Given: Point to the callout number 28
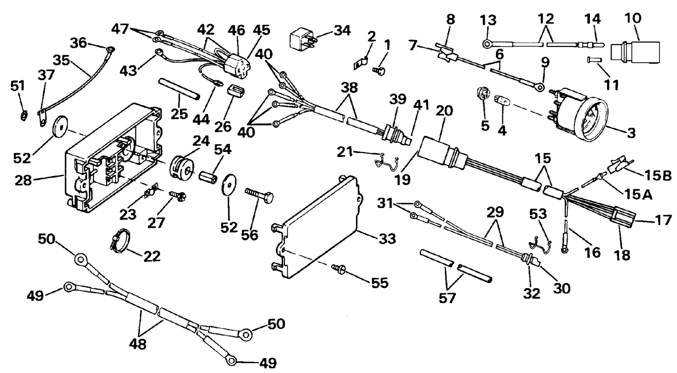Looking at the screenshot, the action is coord(23,180).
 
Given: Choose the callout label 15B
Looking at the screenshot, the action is coord(658,175).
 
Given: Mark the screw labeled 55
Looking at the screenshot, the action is coord(338,268).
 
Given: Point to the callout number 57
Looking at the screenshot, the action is coord(447,299).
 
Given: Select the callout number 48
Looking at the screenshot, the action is coord(138,344).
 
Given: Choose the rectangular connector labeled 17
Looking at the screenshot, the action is coord(624,216).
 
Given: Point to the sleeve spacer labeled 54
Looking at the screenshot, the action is coord(208,178).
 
